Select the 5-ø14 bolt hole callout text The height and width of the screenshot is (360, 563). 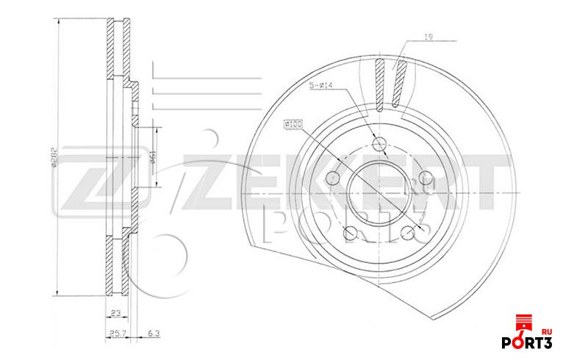[x=321, y=86]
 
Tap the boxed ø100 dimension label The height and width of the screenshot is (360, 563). [x=293, y=125]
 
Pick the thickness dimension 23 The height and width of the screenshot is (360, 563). [x=115, y=314]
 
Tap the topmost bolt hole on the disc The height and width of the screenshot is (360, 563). [x=380, y=143]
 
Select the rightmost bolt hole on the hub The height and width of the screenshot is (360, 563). [x=424, y=177]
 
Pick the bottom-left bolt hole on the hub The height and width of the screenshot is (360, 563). [x=351, y=233]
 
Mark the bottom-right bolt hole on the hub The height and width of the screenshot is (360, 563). [x=406, y=233]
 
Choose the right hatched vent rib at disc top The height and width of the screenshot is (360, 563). [x=399, y=83]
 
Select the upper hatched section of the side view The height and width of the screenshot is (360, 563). [x=116, y=48]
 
